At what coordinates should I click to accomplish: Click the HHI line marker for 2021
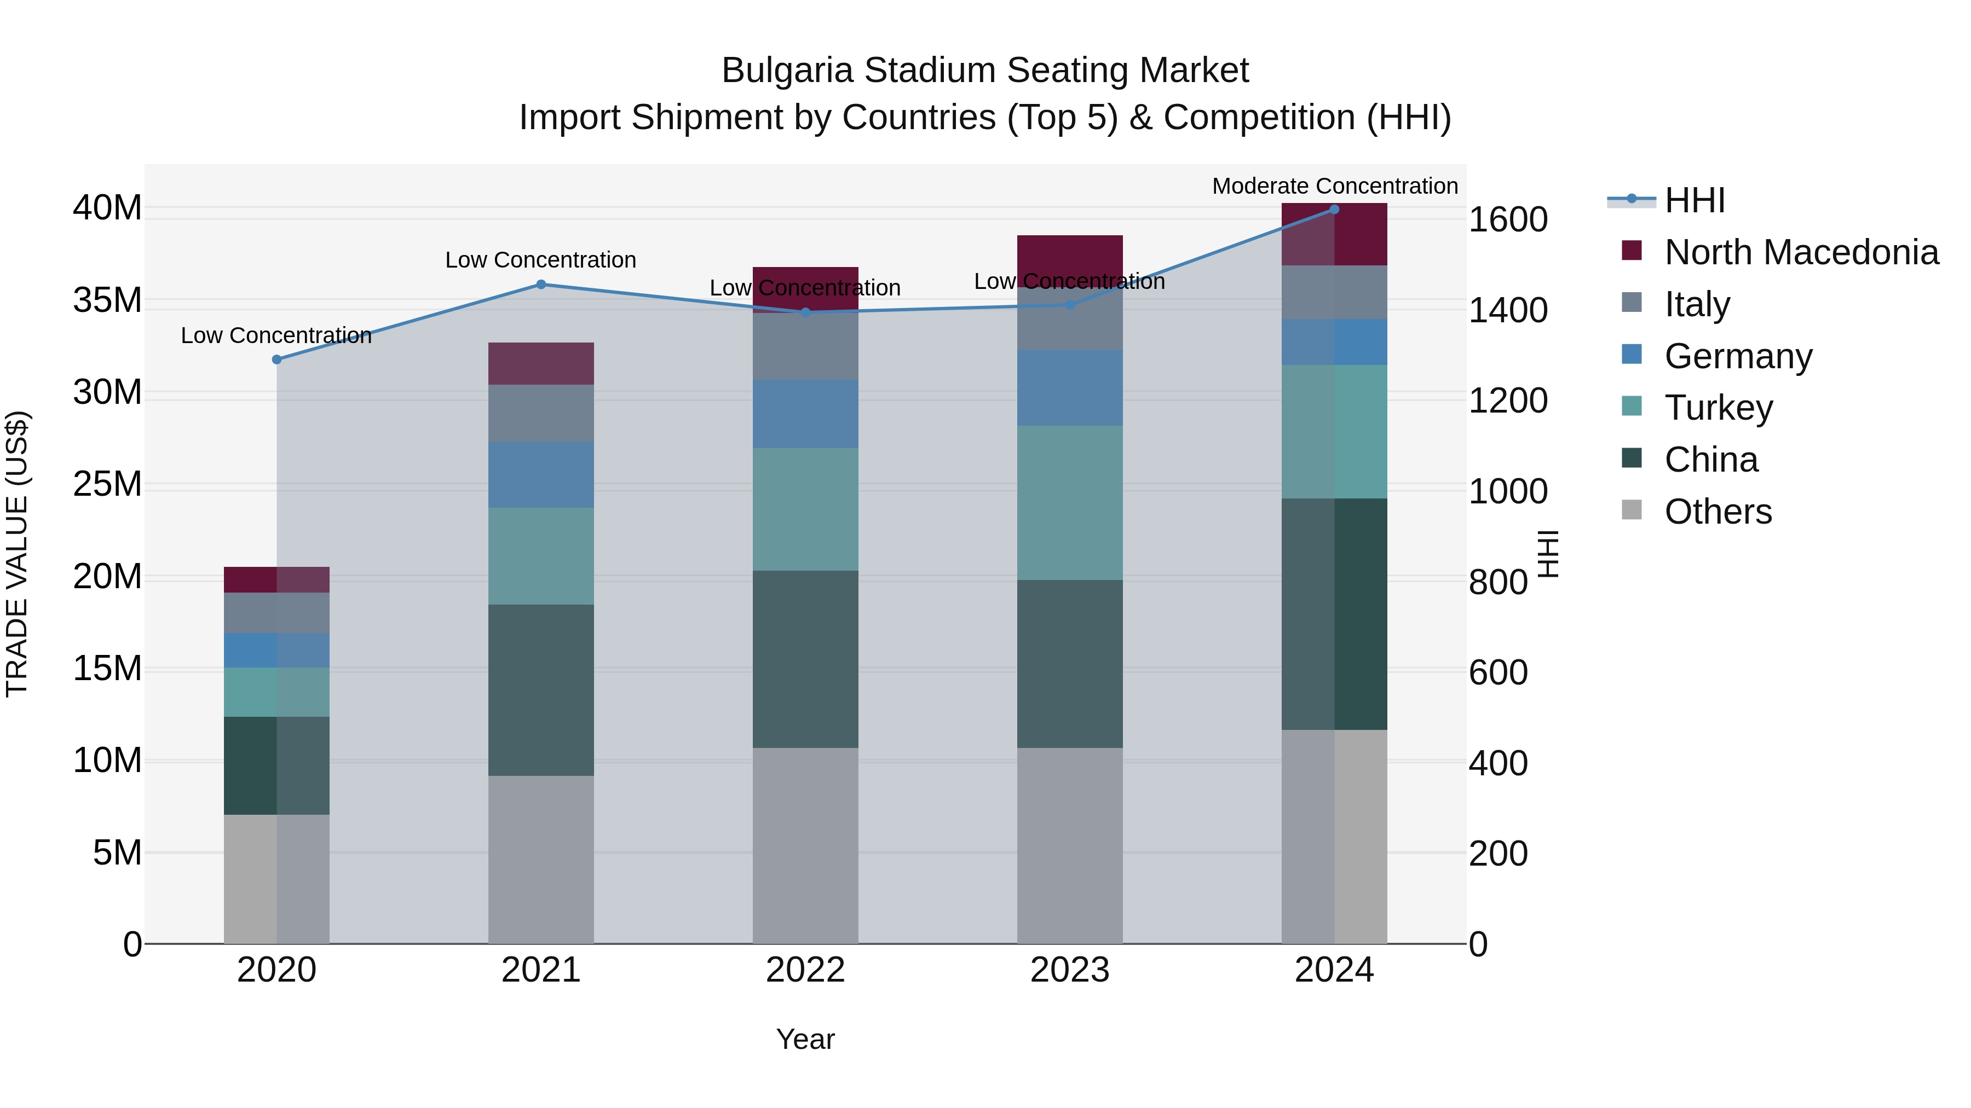541,285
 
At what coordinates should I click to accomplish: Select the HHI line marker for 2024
1334,210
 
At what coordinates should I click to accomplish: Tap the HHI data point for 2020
277,359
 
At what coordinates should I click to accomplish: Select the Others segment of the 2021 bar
541,860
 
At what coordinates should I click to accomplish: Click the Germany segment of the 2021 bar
541,475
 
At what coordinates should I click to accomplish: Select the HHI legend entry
1694,200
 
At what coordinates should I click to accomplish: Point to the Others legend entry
1718,512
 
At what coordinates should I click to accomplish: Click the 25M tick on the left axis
107,485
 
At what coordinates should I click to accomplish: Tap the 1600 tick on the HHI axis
1507,220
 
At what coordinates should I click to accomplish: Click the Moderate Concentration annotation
1334,186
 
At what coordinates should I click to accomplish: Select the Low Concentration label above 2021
540,260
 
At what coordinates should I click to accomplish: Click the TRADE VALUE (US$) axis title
17,554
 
